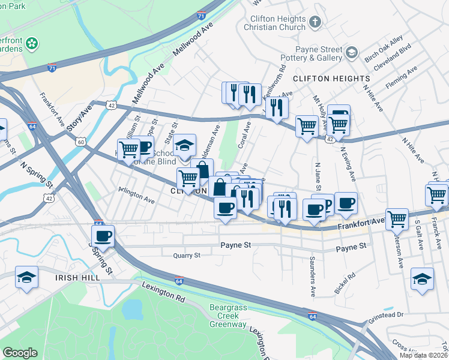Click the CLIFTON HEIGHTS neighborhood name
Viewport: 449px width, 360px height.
click(331, 79)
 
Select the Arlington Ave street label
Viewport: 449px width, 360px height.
click(137, 199)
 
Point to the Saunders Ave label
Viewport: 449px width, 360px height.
click(313, 277)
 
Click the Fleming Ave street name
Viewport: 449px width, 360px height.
click(402, 79)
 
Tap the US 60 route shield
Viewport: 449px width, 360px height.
click(80, 142)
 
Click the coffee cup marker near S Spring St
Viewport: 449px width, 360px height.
click(103, 235)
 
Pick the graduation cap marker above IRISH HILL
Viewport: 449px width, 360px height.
click(26, 277)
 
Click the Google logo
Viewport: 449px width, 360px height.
click(20, 353)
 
